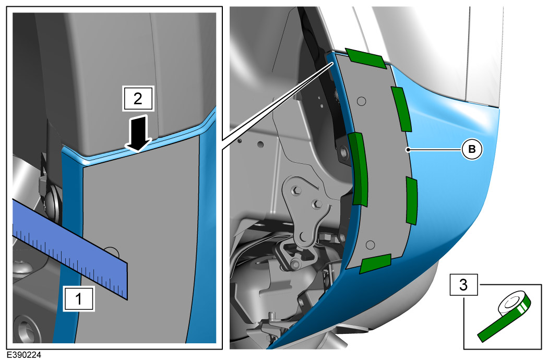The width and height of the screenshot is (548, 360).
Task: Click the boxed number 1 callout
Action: tap(79, 299)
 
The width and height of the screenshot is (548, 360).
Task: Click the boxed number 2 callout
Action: tap(138, 99)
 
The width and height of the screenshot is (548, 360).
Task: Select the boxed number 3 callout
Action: tap(463, 284)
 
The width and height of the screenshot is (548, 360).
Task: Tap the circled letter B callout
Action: tap(472, 150)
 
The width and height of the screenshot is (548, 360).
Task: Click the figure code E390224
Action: tap(24, 355)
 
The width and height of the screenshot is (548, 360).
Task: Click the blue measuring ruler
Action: tap(70, 249)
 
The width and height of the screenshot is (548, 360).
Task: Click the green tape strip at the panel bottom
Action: tap(375, 263)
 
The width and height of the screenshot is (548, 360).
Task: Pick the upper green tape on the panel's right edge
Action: tap(401, 109)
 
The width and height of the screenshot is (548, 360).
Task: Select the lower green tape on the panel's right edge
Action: tap(412, 200)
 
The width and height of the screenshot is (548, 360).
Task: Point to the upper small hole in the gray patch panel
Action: tap(362, 101)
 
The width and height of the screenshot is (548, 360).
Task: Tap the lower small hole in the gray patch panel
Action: tap(371, 245)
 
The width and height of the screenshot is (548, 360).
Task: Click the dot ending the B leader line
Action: tap(408, 150)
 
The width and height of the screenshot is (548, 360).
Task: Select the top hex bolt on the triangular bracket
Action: tap(297, 190)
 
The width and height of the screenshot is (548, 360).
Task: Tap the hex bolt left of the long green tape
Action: tap(343, 152)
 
